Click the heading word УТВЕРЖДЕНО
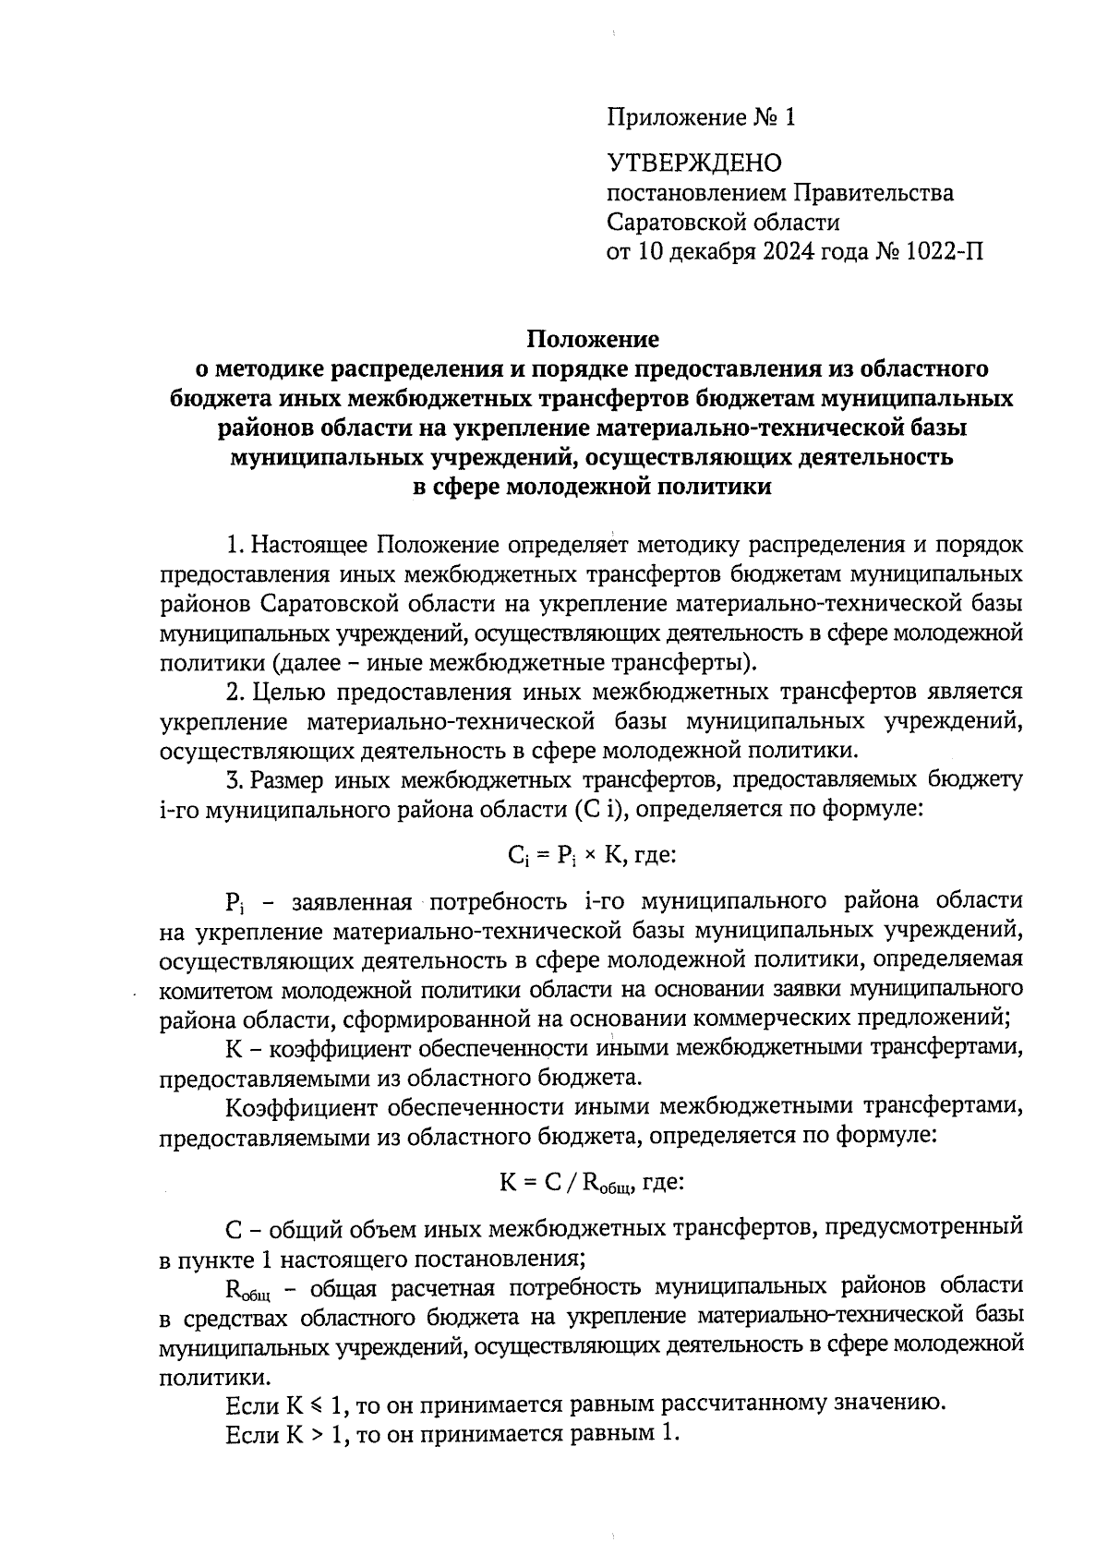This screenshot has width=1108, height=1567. (693, 163)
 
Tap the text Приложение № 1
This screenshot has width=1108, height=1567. (700, 117)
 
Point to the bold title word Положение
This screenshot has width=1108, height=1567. (592, 339)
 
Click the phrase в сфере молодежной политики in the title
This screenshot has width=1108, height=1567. (591, 487)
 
